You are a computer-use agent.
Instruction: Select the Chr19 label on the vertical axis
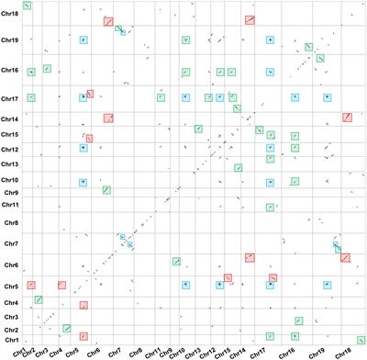coord(10,40)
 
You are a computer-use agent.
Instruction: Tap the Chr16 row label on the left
coord(10,71)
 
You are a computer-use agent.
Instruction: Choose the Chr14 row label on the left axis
coord(10,119)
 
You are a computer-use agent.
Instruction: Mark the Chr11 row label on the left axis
coord(10,204)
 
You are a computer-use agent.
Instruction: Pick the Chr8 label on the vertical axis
coord(10,223)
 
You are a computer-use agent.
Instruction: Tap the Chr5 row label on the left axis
coord(10,285)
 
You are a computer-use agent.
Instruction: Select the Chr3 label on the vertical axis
coord(10,317)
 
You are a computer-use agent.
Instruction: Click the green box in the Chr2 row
coord(67,328)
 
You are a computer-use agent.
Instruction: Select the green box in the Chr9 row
coord(106,190)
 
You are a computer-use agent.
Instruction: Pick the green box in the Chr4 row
coord(38,299)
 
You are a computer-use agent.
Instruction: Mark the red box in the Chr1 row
coord(83,336)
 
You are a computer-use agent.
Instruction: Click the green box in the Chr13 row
coord(238,167)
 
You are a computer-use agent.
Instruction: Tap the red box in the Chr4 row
coord(83,306)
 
